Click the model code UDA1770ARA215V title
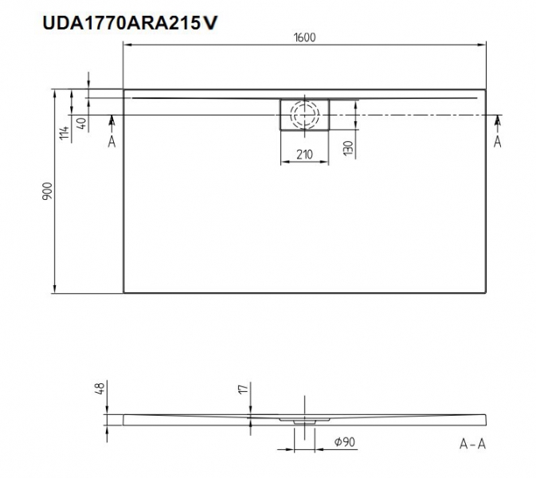(x=130, y=23)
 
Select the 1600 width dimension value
(x=304, y=37)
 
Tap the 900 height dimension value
(x=48, y=191)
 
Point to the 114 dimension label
(x=65, y=133)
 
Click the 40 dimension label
(x=82, y=123)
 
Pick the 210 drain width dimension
(x=304, y=155)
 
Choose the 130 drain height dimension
(x=348, y=148)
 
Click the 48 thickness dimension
(x=100, y=388)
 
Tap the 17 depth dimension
(x=243, y=389)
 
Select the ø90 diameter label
(x=345, y=442)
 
